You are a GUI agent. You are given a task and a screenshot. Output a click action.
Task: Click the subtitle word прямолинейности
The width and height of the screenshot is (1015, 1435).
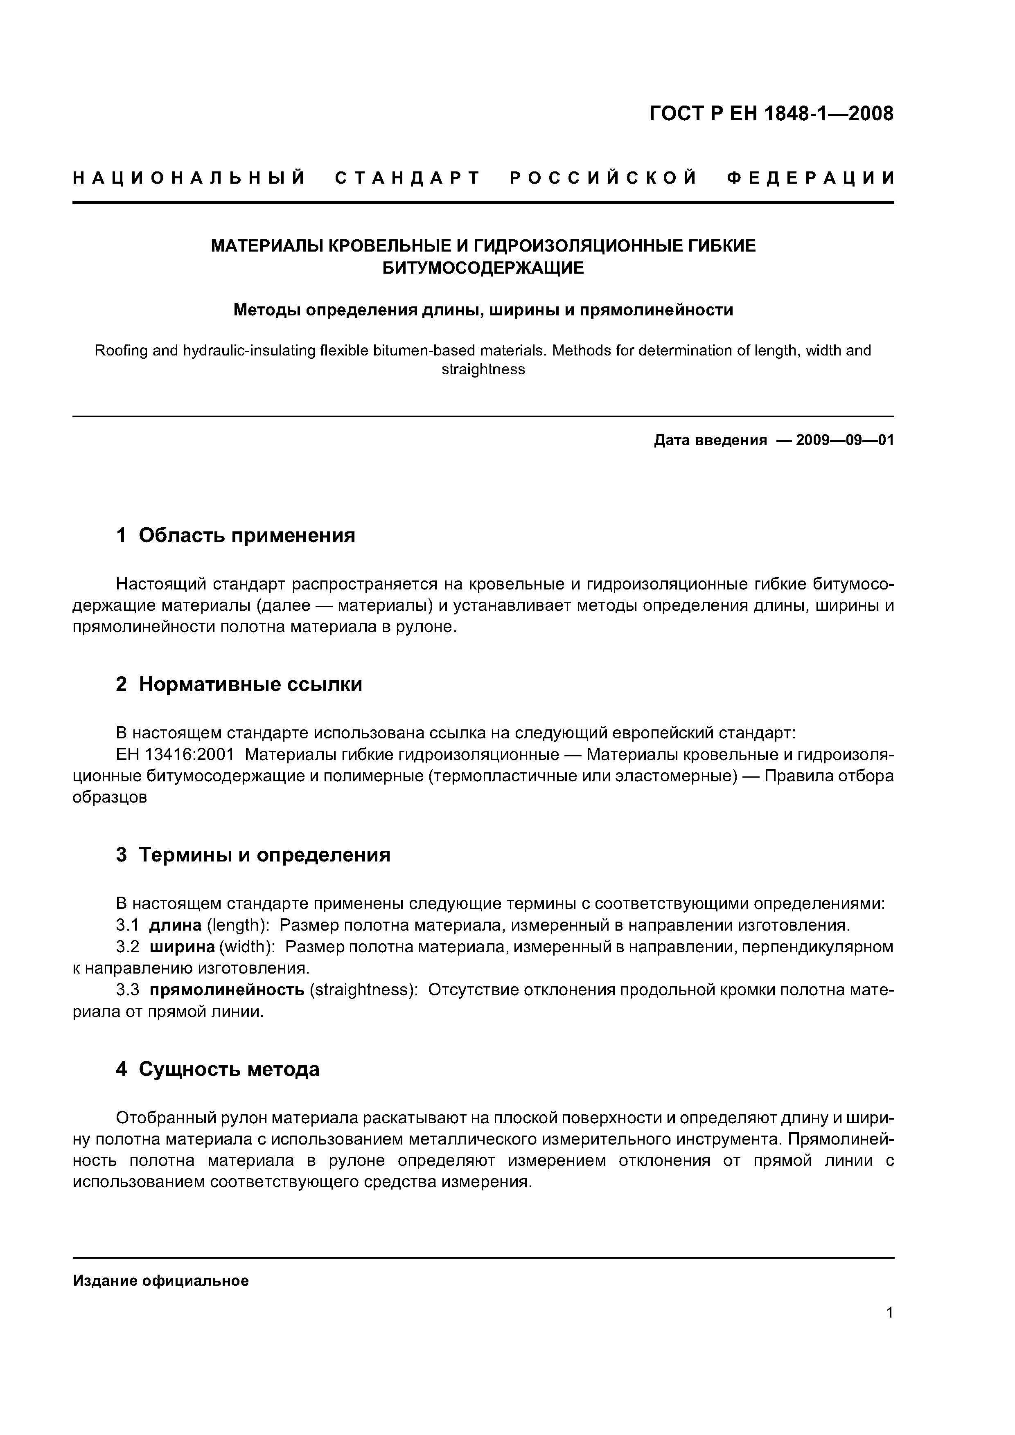pyautogui.click(x=656, y=310)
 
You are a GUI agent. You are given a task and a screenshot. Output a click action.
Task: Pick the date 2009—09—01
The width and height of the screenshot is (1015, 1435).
pyautogui.click(x=845, y=441)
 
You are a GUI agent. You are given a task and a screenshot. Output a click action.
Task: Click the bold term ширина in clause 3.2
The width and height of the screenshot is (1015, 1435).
pyautogui.click(x=182, y=947)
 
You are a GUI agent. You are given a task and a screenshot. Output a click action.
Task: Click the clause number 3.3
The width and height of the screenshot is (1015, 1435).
pyautogui.click(x=128, y=991)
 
